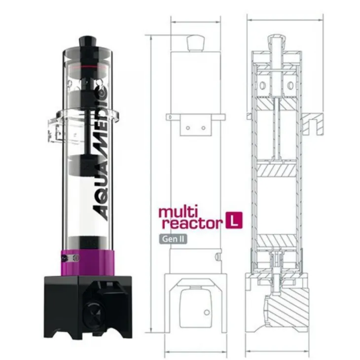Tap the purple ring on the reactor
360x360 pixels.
87,263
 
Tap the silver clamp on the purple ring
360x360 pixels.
71,258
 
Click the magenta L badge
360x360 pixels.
234,220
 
